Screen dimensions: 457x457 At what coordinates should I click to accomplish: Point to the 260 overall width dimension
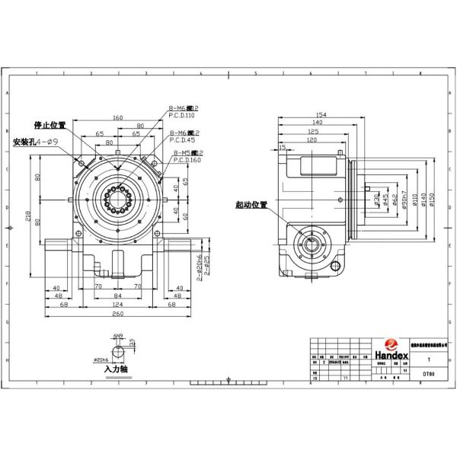tap(118, 314)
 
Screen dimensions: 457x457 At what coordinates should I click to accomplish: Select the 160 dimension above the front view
tap(118, 117)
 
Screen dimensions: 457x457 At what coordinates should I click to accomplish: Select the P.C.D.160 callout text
tap(185, 160)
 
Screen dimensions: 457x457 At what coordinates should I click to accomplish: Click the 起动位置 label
tap(251, 205)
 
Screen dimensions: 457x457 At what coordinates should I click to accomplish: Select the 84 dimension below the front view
tap(118, 296)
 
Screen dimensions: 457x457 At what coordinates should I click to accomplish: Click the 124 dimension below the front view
tap(118, 305)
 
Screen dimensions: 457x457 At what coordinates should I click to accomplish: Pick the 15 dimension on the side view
tap(283, 147)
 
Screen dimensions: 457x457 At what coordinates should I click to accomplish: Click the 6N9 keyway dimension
tap(118, 334)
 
